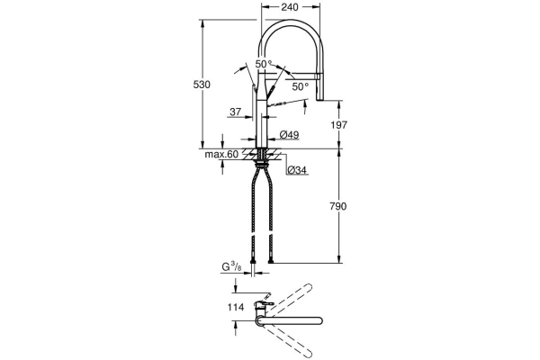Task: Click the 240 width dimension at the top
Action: [x=288, y=6]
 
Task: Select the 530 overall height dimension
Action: [x=202, y=84]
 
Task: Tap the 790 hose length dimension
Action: [x=338, y=207]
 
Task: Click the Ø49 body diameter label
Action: [x=289, y=135]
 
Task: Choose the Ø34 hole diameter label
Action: [x=296, y=170]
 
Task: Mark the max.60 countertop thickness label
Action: [x=220, y=155]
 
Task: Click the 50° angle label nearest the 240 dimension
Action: [x=263, y=64]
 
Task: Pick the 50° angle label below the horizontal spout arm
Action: [x=301, y=86]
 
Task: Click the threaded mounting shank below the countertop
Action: [x=263, y=162]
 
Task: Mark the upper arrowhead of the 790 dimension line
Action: [x=338, y=152]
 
